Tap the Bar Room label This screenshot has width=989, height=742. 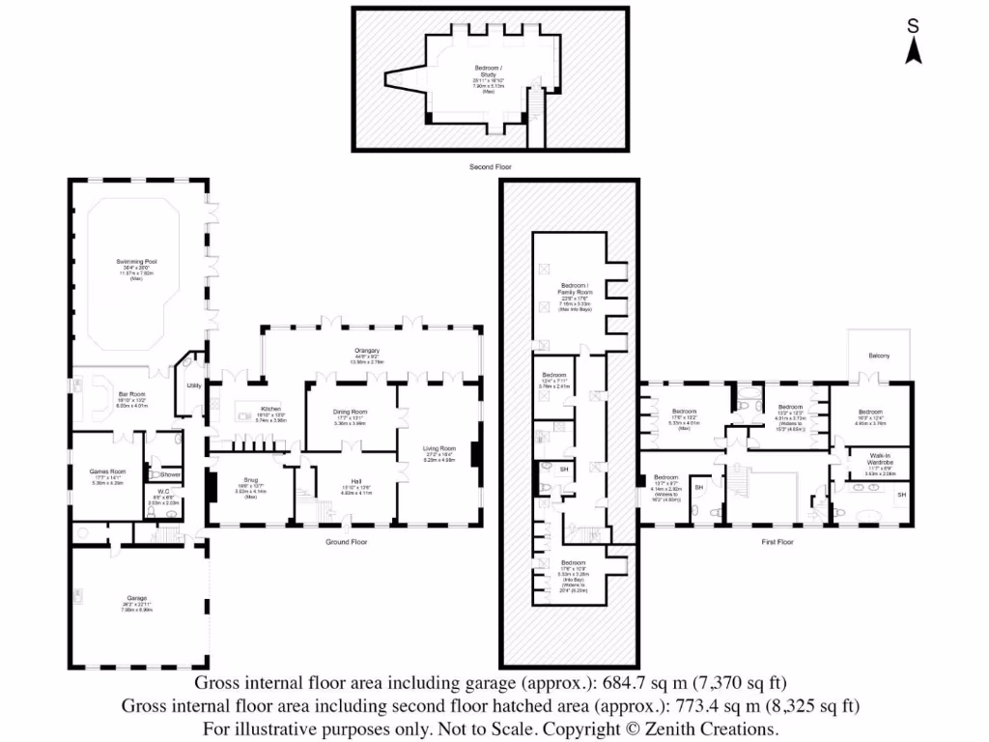tap(131, 394)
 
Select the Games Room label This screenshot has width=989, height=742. tap(106, 471)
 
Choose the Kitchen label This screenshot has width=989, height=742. tap(270, 410)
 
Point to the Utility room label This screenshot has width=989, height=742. tap(193, 385)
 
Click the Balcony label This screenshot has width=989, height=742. tap(879, 356)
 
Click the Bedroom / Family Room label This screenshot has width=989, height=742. tap(574, 289)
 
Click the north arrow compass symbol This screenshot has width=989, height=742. tap(912, 44)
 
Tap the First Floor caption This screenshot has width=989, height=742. tap(777, 542)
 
